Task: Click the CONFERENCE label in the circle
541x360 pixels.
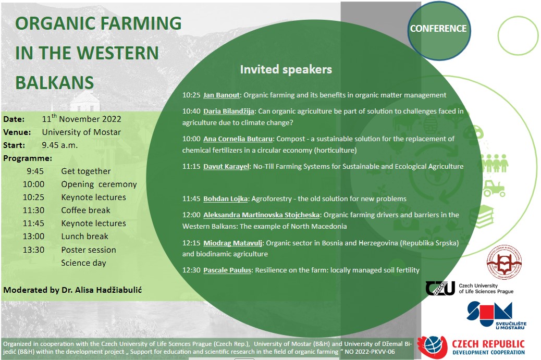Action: click(x=438, y=29)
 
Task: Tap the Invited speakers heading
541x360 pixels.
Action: click(x=286, y=70)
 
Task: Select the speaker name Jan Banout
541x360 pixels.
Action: click(x=221, y=95)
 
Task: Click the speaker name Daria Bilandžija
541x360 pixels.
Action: click(x=229, y=111)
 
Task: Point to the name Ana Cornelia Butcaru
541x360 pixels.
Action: click(x=238, y=139)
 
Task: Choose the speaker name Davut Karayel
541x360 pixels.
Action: click(x=226, y=167)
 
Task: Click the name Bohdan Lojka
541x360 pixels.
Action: click(x=225, y=199)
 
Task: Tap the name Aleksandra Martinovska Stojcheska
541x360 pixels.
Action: click(x=261, y=215)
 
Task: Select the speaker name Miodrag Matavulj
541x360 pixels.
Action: click(x=232, y=243)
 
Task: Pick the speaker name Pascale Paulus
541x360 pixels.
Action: click(x=227, y=270)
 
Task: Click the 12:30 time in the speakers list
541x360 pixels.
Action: click(x=191, y=270)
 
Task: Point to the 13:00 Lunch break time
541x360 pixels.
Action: click(x=33, y=237)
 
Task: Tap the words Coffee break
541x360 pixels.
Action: click(x=85, y=210)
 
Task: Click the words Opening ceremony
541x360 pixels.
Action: click(x=99, y=184)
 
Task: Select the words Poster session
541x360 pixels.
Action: click(x=88, y=250)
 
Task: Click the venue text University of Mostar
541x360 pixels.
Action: click(x=81, y=132)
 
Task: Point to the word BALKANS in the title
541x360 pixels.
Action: click(x=55, y=83)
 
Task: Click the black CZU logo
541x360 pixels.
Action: click(x=440, y=288)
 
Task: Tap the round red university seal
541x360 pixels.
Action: click(x=504, y=262)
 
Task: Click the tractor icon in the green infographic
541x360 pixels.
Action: click(x=494, y=188)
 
